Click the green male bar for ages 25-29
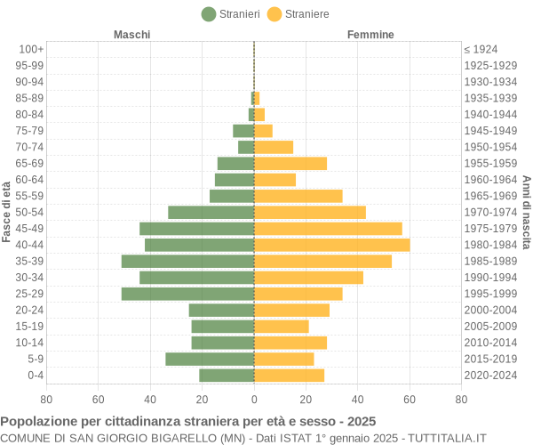pyautogui.click(x=187, y=294)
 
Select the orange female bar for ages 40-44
pyautogui.click(x=331, y=245)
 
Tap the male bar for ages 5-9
pyautogui.click(x=210, y=359)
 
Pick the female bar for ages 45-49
pyautogui.click(x=328, y=229)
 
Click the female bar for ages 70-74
pyautogui.click(x=274, y=147)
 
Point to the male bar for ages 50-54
pyautogui.click(x=211, y=212)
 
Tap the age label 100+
pyautogui.click(x=31, y=49)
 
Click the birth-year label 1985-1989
pyautogui.click(x=490, y=261)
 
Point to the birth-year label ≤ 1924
pyautogui.click(x=481, y=49)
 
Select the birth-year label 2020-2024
pyautogui.click(x=490, y=376)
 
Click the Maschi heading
pyautogui.click(x=132, y=35)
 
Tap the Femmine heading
pyautogui.click(x=370, y=35)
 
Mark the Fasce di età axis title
pyautogui.click(x=6, y=212)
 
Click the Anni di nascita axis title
pyautogui.click(x=526, y=212)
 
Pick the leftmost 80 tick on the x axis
pyautogui.click(x=46, y=400)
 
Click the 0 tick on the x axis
pyautogui.click(x=254, y=400)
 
